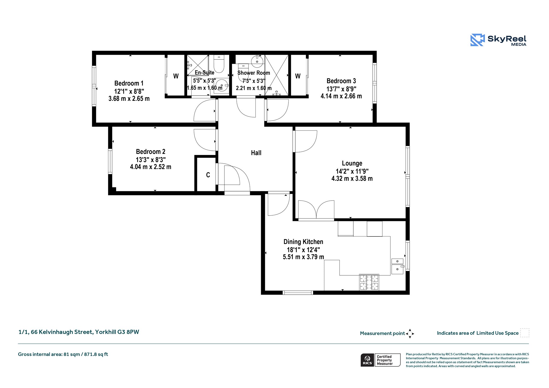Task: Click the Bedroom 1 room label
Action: [129, 83]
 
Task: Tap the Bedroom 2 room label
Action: [151, 152]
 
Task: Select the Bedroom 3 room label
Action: [341, 81]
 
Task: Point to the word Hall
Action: [256, 153]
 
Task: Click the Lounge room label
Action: [352, 163]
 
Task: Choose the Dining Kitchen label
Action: [303, 242]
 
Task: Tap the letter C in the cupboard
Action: [208, 175]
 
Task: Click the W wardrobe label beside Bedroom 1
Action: [176, 76]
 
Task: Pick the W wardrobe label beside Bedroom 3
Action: [298, 76]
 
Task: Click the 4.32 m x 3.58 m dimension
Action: [352, 179]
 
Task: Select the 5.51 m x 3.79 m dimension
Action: [303, 257]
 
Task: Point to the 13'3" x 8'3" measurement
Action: [151, 160]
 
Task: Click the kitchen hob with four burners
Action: [369, 282]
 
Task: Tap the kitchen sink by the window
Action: [397, 266]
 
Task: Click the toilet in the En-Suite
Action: [219, 64]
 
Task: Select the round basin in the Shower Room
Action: [257, 61]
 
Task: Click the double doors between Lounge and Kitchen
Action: [316, 210]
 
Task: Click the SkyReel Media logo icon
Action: [477, 40]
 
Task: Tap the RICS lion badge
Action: [367, 360]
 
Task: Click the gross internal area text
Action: [63, 354]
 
